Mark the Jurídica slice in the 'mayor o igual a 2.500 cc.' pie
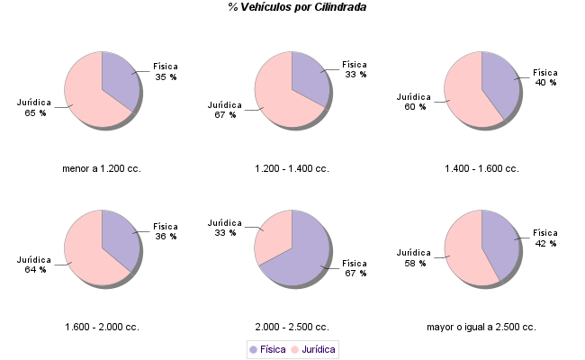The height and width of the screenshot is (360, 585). (x=464, y=252)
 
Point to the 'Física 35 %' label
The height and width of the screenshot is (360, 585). (x=166, y=71)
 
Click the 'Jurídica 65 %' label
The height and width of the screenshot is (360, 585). (x=35, y=107)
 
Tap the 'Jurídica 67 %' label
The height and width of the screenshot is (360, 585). (x=225, y=109)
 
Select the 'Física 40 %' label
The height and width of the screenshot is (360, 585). (x=545, y=76)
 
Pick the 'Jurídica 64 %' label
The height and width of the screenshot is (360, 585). (x=35, y=264)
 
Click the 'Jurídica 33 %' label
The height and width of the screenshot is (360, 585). (x=224, y=227)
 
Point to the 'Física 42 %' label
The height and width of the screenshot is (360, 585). (x=545, y=238)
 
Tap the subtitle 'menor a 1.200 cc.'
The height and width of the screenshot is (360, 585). (x=102, y=168)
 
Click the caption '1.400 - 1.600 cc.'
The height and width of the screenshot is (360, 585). (x=481, y=168)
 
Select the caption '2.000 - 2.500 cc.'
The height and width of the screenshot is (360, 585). (x=292, y=327)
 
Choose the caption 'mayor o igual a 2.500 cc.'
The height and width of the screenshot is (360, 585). (x=481, y=327)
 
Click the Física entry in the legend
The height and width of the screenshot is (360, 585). (x=267, y=348)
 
